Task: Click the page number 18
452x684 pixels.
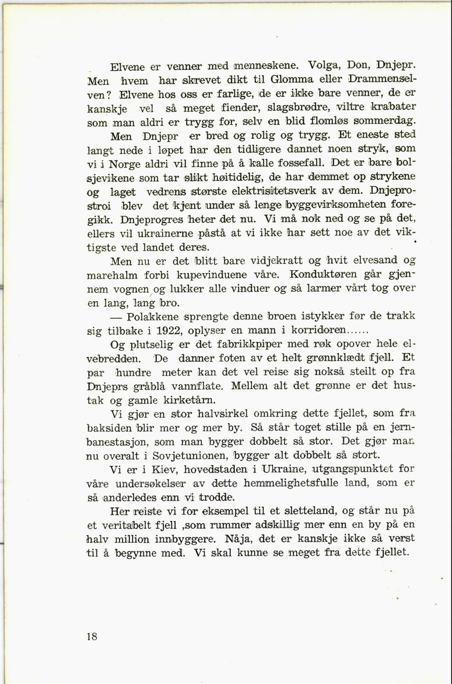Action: point(92,637)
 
